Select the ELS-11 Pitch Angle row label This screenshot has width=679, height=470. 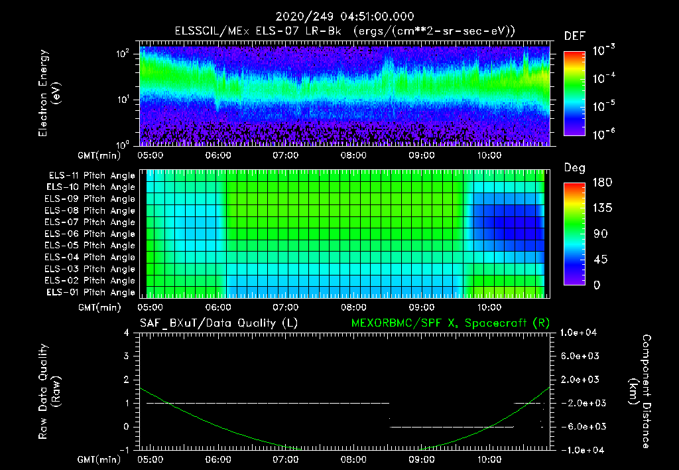pos(90,175)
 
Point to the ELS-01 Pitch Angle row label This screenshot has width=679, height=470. pos(90,292)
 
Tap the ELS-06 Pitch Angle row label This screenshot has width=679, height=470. pos(90,234)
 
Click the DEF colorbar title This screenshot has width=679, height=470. pos(574,37)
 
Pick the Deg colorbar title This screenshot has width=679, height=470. pos(574,168)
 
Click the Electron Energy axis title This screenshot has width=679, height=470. pos(49,94)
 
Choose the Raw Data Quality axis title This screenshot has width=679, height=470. pos(49,391)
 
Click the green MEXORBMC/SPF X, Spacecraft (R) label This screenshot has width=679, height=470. pos(450,323)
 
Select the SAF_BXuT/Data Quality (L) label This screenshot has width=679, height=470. pos(217,323)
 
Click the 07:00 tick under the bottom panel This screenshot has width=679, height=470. pos(286,459)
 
